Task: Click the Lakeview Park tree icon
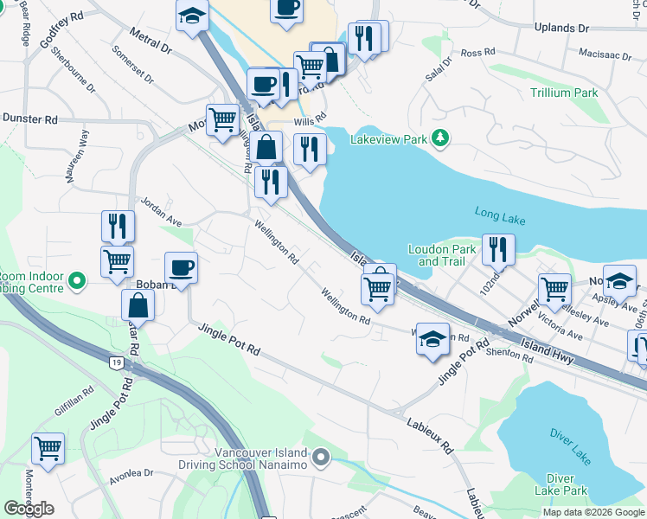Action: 440,138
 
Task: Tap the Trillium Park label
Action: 565,92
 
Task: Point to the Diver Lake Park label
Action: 567,484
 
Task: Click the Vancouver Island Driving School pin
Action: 322,456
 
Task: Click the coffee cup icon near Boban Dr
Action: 181,267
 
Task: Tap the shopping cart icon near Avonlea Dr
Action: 48,449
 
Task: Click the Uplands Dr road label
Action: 561,28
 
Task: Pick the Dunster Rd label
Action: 29,119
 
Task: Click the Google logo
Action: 29,509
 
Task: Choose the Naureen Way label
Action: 75,157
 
